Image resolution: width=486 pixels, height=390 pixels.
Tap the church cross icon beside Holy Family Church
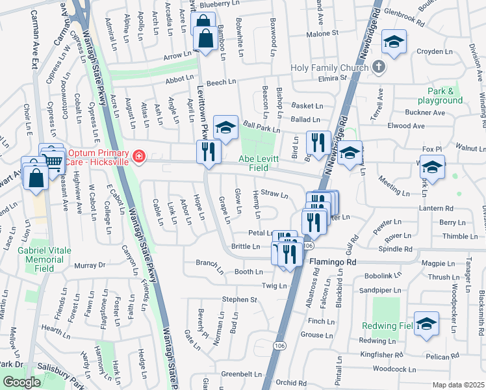(x=378, y=66)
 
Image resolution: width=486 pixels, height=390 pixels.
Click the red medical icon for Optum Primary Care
(x=138, y=156)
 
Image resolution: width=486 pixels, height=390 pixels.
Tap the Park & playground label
(x=436, y=96)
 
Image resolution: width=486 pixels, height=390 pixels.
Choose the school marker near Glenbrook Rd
(x=393, y=42)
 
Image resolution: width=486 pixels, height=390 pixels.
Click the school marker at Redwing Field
(x=426, y=323)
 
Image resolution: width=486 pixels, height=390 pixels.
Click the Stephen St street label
(x=240, y=300)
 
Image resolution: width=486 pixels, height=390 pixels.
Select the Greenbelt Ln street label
(x=241, y=374)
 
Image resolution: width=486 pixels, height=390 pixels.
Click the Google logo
(x=21, y=382)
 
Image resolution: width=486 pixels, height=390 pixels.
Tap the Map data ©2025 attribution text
(x=459, y=385)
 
